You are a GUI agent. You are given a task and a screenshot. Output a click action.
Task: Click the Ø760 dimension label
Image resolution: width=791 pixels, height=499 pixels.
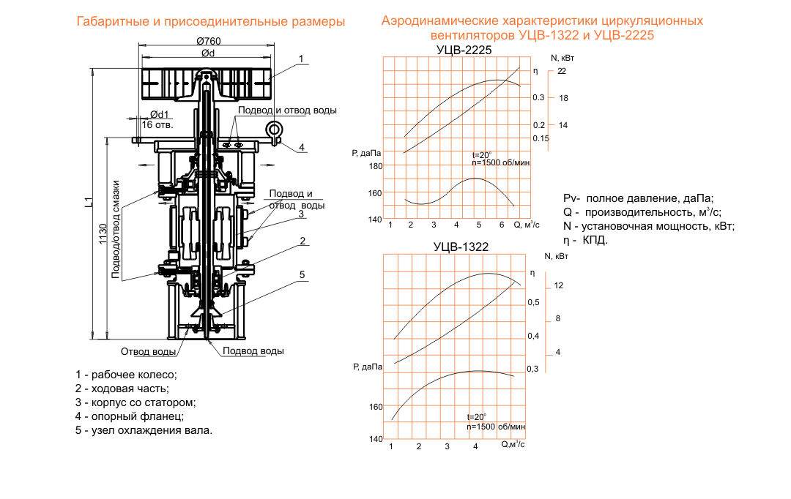(208, 41)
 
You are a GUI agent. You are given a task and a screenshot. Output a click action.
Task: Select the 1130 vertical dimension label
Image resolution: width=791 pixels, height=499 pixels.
(103, 234)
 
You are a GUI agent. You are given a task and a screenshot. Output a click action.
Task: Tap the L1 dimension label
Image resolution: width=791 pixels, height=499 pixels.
(89, 202)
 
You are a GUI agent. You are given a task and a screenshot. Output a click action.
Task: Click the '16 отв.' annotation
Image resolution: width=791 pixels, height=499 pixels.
(157, 124)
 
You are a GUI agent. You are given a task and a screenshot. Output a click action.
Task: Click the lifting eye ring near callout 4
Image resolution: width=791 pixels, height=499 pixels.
(274, 130)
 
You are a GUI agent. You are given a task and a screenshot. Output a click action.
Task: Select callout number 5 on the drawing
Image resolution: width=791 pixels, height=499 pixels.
(302, 274)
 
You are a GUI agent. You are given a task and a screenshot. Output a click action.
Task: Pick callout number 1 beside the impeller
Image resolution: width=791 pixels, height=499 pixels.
(301, 59)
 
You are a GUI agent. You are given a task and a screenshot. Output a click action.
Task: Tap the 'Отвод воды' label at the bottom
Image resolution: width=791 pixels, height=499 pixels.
(148, 351)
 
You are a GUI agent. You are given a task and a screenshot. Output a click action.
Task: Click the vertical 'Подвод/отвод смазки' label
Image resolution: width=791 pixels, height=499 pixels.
(116, 229)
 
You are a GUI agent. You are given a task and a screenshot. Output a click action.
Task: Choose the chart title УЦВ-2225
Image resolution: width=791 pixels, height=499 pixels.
(464, 50)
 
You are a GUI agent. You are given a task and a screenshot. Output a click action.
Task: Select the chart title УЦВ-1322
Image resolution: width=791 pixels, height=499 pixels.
(461, 247)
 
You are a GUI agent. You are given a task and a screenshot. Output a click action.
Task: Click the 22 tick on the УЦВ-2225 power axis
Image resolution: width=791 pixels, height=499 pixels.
(562, 71)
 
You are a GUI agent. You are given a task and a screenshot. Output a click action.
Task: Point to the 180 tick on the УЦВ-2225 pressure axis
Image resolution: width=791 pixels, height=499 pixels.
(376, 166)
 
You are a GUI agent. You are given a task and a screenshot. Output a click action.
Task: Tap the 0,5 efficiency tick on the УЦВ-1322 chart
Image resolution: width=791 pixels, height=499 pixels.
(533, 302)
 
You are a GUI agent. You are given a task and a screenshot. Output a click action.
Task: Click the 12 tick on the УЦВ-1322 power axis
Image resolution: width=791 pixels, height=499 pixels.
(558, 285)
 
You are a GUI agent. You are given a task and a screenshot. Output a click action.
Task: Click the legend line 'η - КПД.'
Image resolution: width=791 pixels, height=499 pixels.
(586, 240)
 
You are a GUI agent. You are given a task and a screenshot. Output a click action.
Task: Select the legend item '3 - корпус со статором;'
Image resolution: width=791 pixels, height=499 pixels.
(135, 402)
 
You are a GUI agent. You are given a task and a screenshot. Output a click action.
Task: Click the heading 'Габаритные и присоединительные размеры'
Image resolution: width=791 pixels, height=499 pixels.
(211, 22)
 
